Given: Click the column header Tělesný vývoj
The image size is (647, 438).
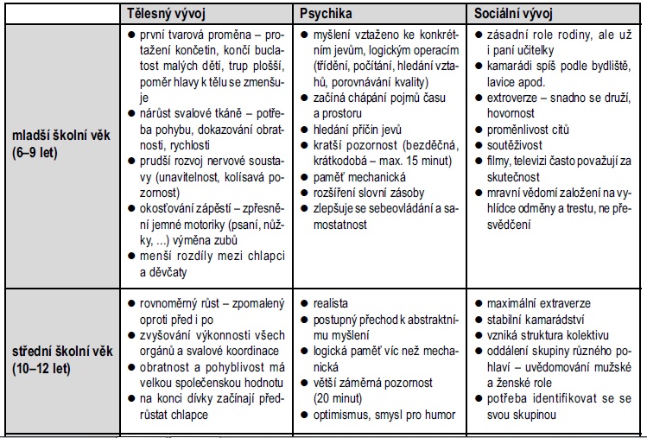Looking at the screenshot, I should click(162, 14).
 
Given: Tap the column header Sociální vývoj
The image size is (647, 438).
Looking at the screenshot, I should click(515, 14).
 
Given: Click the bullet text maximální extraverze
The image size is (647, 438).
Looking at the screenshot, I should click(539, 304).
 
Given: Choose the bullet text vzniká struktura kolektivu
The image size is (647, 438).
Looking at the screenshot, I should click(549, 335).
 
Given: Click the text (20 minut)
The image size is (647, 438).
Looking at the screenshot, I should click(339, 398).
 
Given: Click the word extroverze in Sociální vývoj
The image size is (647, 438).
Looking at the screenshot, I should click(515, 97).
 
